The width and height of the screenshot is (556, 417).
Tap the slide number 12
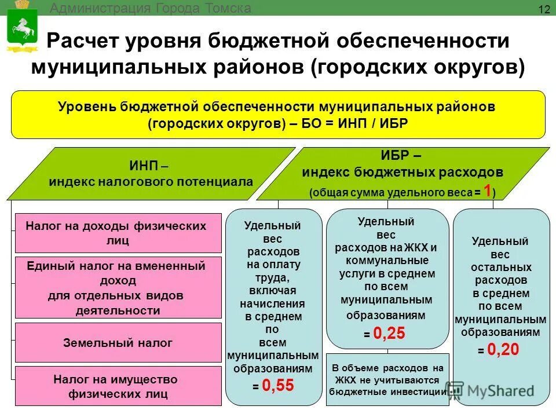coord(544,9)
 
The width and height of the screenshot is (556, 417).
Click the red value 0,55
coord(277,385)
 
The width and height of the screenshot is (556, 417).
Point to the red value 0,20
coord(503,349)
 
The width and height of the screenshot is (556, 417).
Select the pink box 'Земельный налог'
coord(118,343)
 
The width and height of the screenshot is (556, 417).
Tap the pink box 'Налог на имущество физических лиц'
coord(118,386)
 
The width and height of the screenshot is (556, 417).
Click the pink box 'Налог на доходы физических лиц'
coord(118,233)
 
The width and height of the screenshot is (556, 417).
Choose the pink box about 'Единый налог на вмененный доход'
coord(118,288)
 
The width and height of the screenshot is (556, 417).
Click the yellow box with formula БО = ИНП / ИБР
coord(278,115)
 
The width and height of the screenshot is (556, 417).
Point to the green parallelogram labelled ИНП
coord(151,173)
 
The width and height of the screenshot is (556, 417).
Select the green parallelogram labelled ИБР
coord(402,173)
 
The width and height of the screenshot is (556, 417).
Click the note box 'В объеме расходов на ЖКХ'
coord(388,379)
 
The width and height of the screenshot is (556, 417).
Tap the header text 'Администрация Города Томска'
coord(151,8)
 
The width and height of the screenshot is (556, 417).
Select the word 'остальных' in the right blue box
coord(501,268)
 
